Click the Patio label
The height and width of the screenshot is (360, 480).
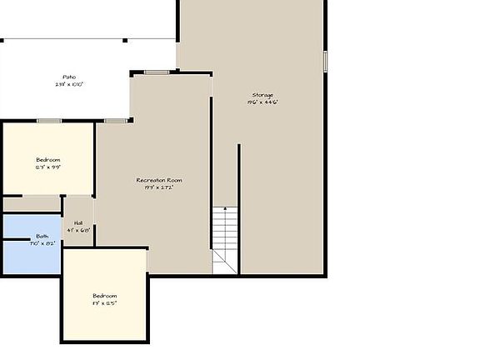point(68,77)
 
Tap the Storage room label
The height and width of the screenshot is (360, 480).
point(262,95)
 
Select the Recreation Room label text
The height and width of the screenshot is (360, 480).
point(159,180)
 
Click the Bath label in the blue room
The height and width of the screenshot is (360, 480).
point(42,237)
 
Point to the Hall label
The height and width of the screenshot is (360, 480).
point(78,222)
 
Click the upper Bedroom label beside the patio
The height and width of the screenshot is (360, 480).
point(47,159)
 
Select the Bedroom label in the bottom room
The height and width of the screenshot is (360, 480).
point(104,296)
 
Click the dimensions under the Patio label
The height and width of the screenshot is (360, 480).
point(69,84)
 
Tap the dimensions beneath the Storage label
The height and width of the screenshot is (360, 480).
point(262,102)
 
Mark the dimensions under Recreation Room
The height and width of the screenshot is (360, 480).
point(159,187)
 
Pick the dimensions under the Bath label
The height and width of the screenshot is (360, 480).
point(42,244)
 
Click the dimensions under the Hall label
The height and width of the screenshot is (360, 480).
point(78,230)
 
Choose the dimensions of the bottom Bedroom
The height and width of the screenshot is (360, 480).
point(104,303)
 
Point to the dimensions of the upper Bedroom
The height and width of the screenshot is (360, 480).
point(47,167)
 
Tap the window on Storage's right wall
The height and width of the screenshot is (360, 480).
point(325,61)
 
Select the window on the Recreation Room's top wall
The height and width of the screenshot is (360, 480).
point(157,72)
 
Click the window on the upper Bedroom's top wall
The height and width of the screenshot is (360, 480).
point(48,121)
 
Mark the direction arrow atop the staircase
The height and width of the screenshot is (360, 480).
point(222,210)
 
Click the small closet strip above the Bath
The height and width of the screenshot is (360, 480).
point(32,204)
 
